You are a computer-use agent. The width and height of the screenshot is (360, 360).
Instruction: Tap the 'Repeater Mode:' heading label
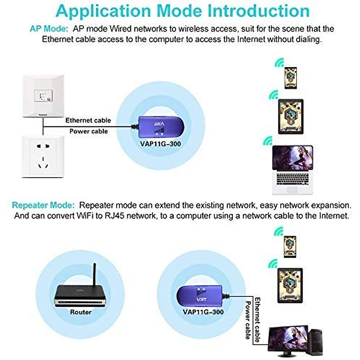(x=43, y=205)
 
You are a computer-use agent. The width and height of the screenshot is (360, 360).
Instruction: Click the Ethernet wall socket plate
(x=43, y=96)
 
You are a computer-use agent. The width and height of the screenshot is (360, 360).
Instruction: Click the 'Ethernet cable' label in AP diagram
(x=88, y=120)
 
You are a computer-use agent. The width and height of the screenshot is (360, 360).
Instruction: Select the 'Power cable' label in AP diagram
(x=88, y=131)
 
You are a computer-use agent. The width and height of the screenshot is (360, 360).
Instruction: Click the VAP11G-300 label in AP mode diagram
(x=160, y=144)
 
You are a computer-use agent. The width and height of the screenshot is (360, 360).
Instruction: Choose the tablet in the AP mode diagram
(x=291, y=116)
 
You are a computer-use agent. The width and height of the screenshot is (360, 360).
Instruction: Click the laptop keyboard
(x=292, y=180)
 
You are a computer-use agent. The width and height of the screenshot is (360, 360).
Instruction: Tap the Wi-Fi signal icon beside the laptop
(x=267, y=141)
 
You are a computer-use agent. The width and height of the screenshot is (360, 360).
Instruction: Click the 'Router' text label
(x=81, y=312)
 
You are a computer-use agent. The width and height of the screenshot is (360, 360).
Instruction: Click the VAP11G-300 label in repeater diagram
(x=203, y=312)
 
